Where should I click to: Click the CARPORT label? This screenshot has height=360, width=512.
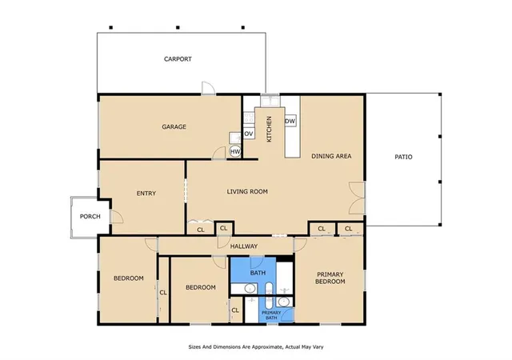[x=178, y=59]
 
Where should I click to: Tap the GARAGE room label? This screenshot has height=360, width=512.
[x=174, y=126]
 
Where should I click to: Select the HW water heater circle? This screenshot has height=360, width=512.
[x=235, y=151]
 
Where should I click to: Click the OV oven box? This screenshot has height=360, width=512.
[x=249, y=134]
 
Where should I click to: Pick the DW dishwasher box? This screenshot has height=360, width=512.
[x=290, y=121]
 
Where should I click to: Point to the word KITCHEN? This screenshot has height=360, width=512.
[x=269, y=129]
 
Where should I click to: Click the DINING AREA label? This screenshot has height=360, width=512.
[x=331, y=156]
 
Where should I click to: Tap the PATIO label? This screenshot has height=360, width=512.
[x=403, y=157]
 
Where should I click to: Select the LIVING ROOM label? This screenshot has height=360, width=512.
[x=247, y=191]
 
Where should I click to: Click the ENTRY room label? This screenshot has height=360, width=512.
[x=146, y=194]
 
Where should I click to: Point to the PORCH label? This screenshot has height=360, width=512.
[x=90, y=216]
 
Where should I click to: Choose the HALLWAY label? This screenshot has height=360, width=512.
[x=244, y=246]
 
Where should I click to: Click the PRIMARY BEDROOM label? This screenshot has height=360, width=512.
[x=330, y=278]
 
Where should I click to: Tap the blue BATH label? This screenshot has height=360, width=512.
[x=258, y=273]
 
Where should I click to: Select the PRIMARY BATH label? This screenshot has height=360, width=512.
[x=271, y=315]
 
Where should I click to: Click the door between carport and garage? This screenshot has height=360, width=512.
[x=208, y=88]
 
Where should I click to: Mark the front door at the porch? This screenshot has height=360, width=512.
[x=116, y=217]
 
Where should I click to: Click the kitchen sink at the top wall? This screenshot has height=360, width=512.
[x=270, y=101]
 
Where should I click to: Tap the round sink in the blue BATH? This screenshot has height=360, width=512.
[x=250, y=289]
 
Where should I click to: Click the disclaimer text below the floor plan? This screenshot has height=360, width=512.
[x=256, y=347]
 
